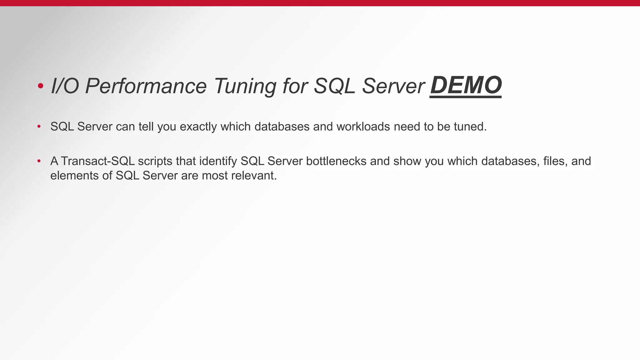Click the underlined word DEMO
tap(466, 85)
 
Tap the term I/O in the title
tap(65, 86)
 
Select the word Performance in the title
tap(146, 86)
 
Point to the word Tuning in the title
tap(245, 86)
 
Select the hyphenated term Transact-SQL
tap(98, 161)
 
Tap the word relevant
tap(254, 176)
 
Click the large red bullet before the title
tap(40, 86)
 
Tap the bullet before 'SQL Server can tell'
tap(39, 127)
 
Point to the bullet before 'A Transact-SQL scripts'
tap(39, 161)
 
